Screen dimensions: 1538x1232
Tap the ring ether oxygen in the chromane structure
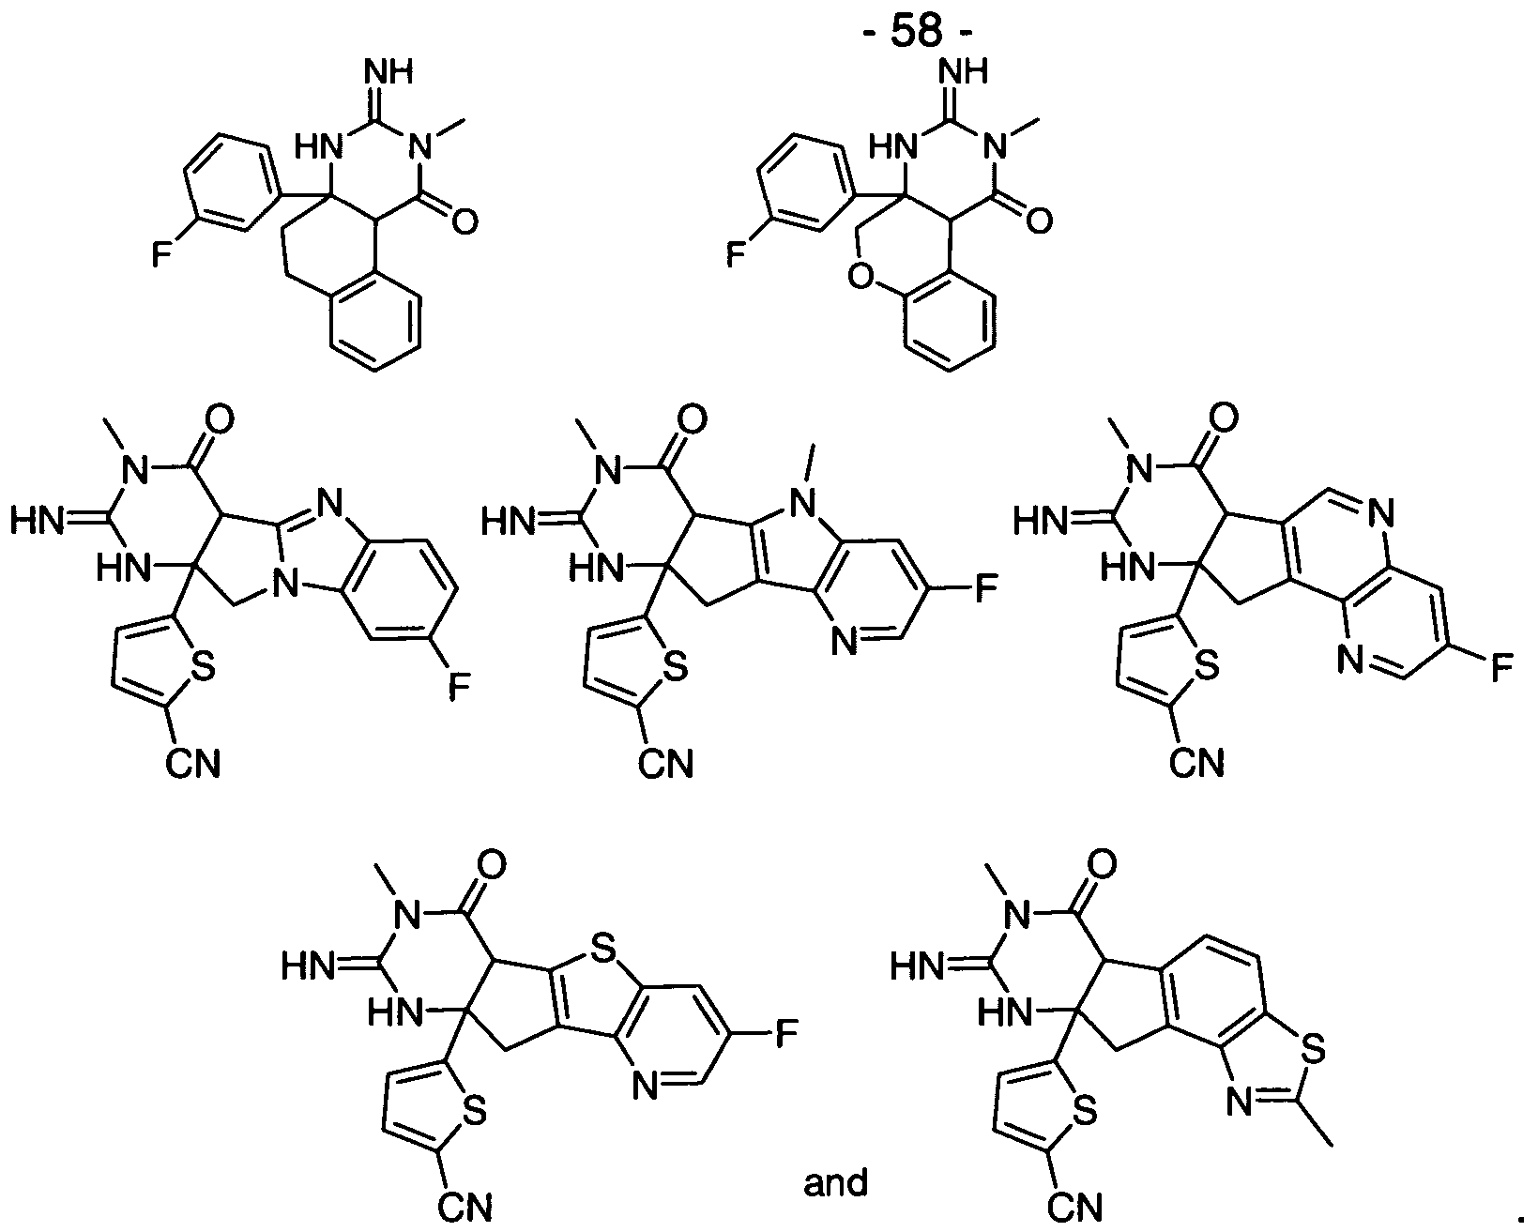pyautogui.click(x=861, y=277)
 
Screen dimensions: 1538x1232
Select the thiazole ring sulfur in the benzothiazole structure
pyautogui.click(x=1313, y=1050)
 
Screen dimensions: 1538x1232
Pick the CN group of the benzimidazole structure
pyautogui.click(x=193, y=764)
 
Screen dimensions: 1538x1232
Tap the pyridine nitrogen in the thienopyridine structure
pyautogui.click(x=646, y=1087)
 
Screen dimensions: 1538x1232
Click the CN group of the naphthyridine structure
pyautogui.click(x=1197, y=763)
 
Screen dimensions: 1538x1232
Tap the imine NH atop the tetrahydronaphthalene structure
pyautogui.click(x=388, y=72)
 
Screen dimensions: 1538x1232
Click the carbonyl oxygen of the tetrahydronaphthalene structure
pyautogui.click(x=464, y=221)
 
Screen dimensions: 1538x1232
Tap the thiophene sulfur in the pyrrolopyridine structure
pyautogui.click(x=675, y=667)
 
